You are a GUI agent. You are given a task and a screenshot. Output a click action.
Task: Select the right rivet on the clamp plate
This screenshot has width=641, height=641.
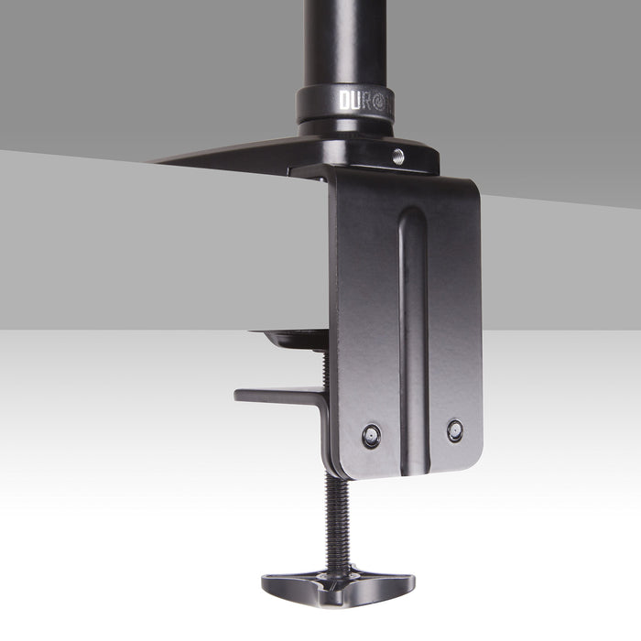point(454,429)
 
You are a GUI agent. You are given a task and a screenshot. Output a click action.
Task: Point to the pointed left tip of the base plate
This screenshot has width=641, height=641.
point(158,161)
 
